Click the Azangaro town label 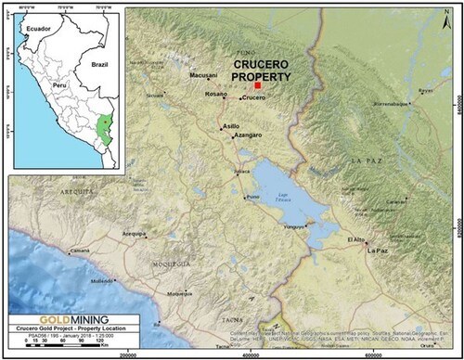[247, 135]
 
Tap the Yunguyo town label [294, 226]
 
